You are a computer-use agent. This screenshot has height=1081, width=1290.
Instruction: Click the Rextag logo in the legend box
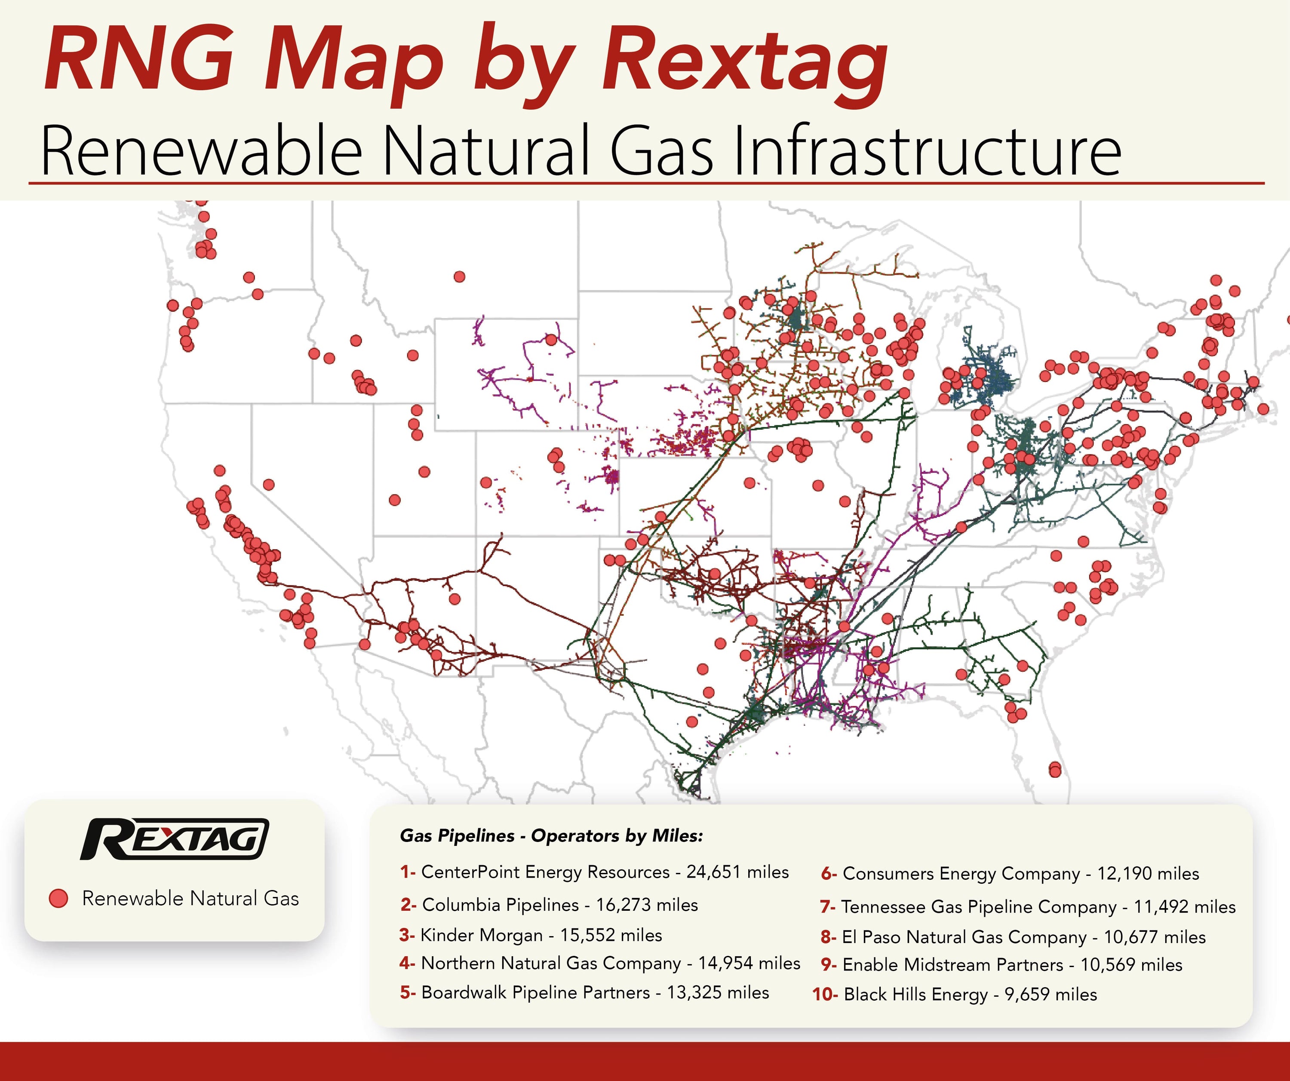click(175, 839)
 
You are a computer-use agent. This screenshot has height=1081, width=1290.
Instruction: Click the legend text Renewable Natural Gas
click(190, 899)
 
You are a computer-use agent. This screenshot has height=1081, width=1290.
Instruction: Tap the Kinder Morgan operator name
click(481, 935)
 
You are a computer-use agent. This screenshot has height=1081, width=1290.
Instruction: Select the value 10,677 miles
click(1155, 937)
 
